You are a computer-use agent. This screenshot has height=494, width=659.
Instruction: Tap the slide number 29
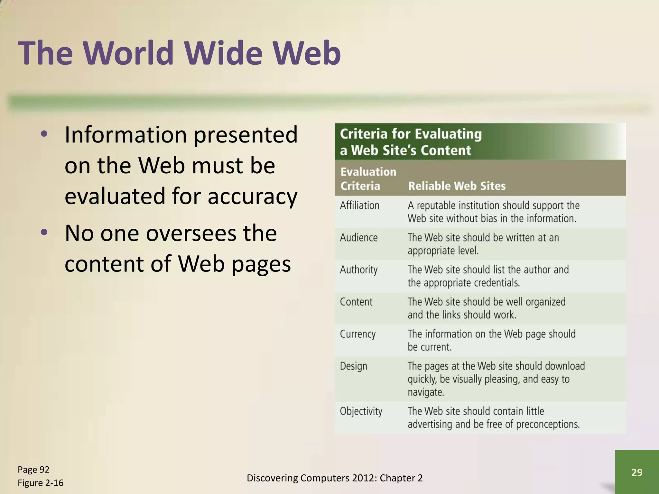[637, 472]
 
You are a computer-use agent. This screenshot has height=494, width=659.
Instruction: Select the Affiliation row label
[359, 205]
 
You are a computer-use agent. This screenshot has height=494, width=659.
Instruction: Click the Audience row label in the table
[358, 237]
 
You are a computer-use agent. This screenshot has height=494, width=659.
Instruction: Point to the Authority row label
[358, 270]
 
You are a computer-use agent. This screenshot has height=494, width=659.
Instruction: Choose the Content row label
[356, 302]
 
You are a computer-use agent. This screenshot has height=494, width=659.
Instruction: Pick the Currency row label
[357, 334]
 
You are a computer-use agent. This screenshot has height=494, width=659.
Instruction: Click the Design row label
[353, 366]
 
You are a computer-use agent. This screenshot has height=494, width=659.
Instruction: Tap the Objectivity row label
[361, 411]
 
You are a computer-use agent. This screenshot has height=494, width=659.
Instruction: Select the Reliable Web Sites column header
[457, 186]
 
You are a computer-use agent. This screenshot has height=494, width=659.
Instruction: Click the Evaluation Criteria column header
[368, 179]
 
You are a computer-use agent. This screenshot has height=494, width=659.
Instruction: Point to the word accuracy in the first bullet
[253, 196]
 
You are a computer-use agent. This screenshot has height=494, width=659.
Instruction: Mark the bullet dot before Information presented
[44, 134]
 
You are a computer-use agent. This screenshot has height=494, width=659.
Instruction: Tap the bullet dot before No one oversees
[44, 232]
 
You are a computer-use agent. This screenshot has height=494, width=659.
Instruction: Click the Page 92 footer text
[33, 470]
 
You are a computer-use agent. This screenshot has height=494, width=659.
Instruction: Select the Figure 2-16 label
[41, 483]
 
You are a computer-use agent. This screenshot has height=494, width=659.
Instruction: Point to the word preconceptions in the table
[548, 424]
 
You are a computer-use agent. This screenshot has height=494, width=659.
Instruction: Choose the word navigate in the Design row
[425, 392]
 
